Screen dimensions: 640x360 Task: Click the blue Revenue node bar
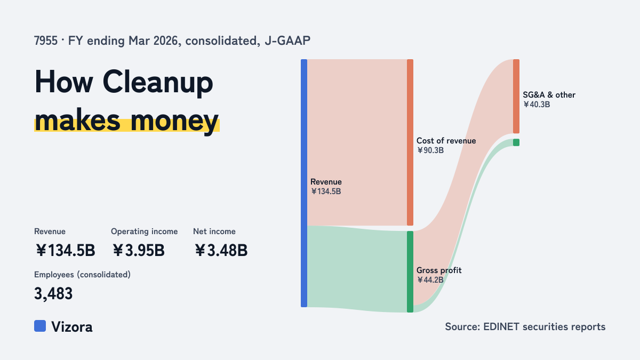[x=304, y=183]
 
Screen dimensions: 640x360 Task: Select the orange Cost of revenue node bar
[x=410, y=142]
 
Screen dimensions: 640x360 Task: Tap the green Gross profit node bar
[x=410, y=271]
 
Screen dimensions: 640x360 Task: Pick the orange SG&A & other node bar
[x=516, y=97]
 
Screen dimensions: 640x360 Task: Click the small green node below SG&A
[x=516, y=142]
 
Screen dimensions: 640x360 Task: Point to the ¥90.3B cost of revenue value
[x=430, y=150]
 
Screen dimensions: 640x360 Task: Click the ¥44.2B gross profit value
[x=430, y=279]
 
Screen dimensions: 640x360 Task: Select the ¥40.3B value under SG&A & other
[x=537, y=105]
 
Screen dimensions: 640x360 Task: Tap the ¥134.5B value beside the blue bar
[x=326, y=191]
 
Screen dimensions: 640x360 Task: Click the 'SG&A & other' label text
[x=549, y=95]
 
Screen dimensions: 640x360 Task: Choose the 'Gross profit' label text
[x=439, y=270]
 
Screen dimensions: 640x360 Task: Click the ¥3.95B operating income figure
[x=139, y=250]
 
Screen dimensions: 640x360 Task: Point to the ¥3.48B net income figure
[x=221, y=250]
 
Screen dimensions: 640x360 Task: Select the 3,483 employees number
[x=53, y=293]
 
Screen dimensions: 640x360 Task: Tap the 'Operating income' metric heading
[x=145, y=231]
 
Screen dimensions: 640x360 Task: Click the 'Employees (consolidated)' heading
[x=82, y=275]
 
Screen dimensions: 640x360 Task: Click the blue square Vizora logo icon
[x=40, y=326]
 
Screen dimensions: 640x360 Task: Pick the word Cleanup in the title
[x=158, y=82]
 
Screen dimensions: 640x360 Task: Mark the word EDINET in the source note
[x=501, y=326]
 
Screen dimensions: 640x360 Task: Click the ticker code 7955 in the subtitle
[x=46, y=41]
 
